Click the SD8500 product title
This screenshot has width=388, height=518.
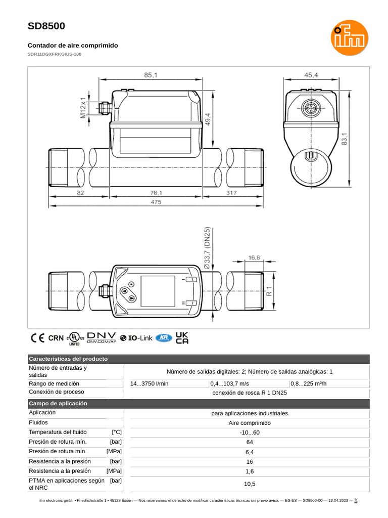pyautogui.click(x=46, y=26)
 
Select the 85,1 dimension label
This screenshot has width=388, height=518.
pyautogui.click(x=151, y=75)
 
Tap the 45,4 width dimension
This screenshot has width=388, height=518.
pyautogui.click(x=311, y=75)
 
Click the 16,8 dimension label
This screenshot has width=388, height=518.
pyautogui.click(x=254, y=257)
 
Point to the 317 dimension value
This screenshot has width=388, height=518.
pyautogui.click(x=231, y=193)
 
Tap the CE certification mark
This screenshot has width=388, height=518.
pyautogui.click(x=37, y=338)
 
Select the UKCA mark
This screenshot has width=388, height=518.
pyautogui.click(x=182, y=338)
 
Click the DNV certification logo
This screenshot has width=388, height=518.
pyautogui.click(x=102, y=338)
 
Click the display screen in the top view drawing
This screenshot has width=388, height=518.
pyautogui.click(x=158, y=291)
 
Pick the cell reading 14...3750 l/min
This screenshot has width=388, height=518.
pyautogui.click(x=150, y=383)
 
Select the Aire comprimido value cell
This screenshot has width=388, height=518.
pyautogui.click(x=250, y=423)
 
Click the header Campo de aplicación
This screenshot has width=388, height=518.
pyautogui.click(x=58, y=404)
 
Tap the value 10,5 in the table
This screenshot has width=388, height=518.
pyautogui.click(x=250, y=484)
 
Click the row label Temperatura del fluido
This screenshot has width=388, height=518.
pyautogui.click(x=58, y=432)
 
